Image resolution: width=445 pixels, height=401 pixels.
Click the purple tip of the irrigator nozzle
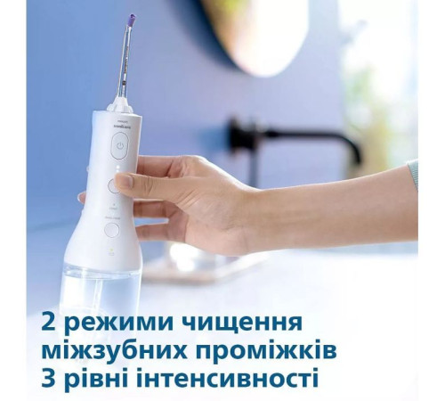tap(133, 20)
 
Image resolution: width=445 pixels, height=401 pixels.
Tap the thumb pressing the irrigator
tap(133, 181)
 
